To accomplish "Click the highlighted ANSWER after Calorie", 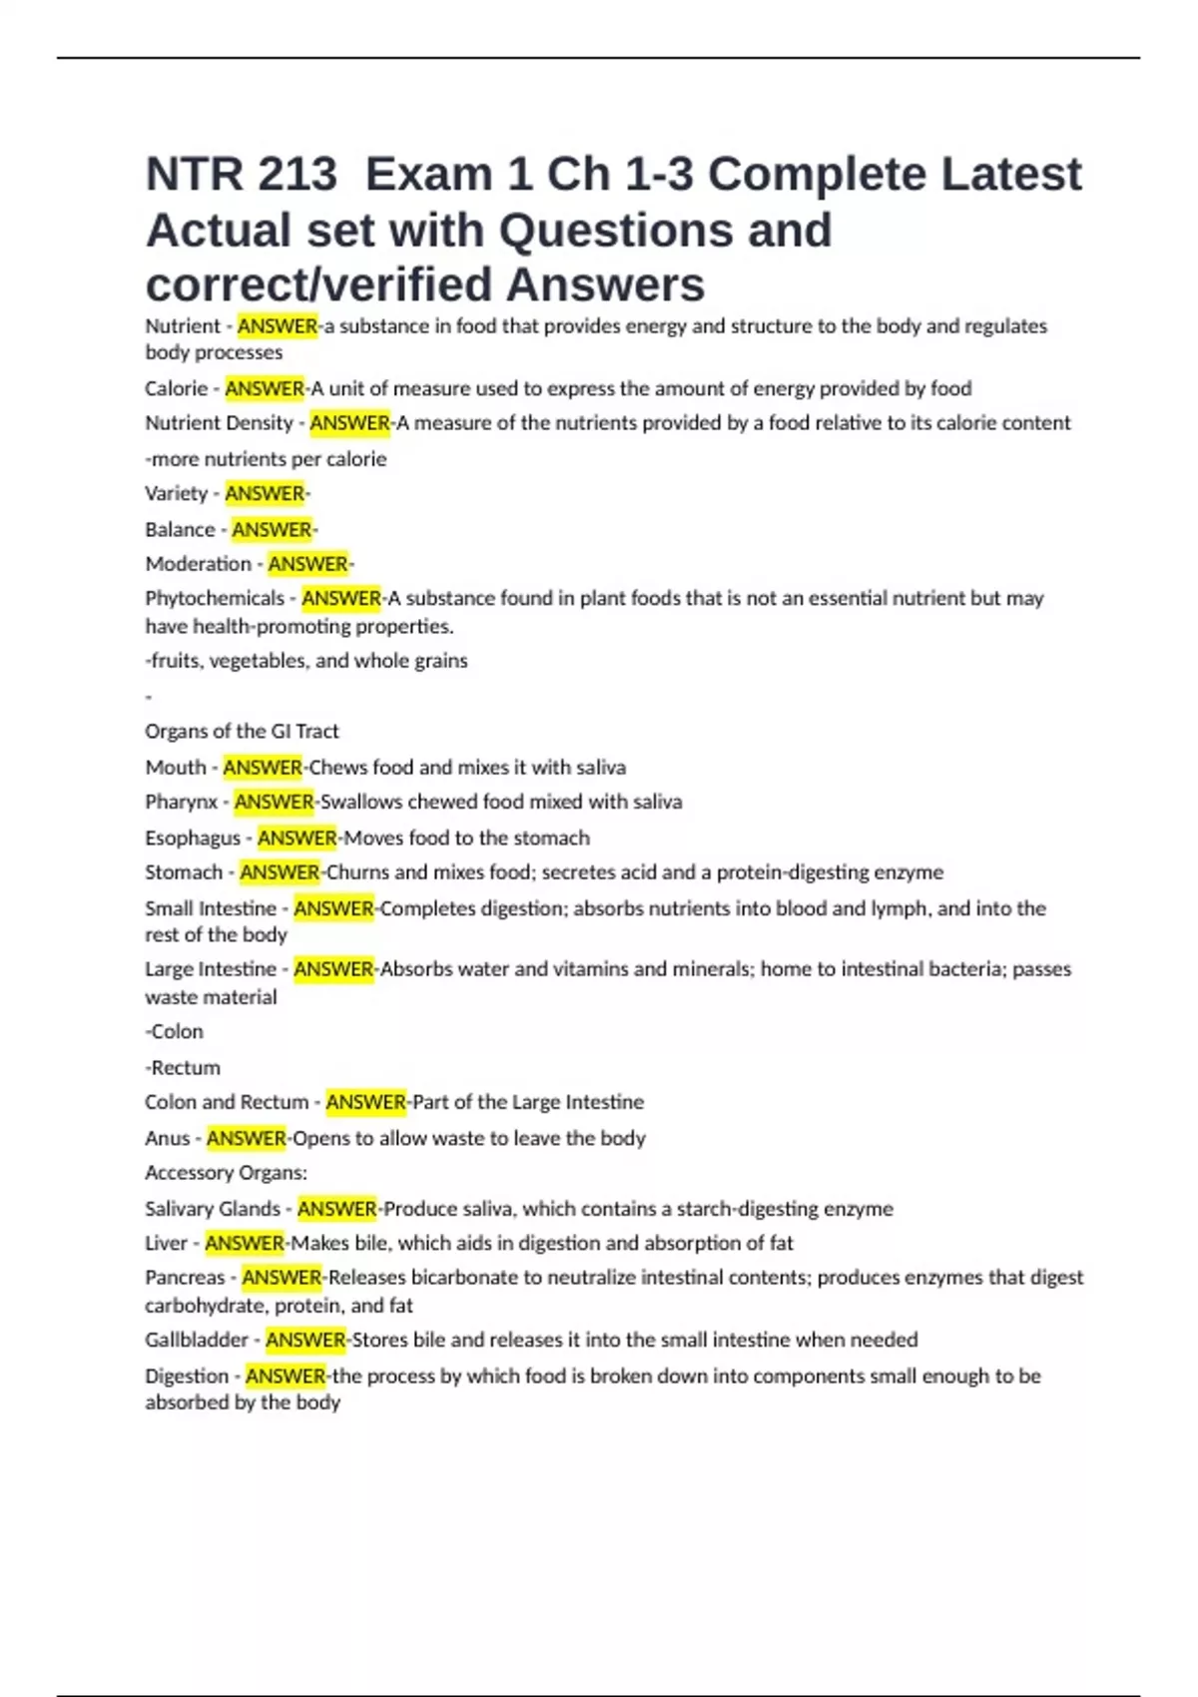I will click(x=265, y=388).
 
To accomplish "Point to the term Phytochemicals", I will click(x=215, y=599).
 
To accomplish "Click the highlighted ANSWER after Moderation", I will click(x=308, y=564).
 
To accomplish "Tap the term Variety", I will click(x=176, y=494).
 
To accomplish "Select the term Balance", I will click(x=180, y=530).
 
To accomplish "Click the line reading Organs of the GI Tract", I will click(x=242, y=732).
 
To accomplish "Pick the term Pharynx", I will click(x=181, y=803).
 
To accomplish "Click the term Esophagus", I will click(x=193, y=839).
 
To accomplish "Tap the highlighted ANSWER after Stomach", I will click(x=280, y=872).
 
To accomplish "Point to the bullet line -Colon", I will click(x=174, y=1032).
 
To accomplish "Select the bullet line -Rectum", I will click(x=183, y=1068).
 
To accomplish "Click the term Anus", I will click(x=167, y=1139).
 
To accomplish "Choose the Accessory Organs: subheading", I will click(x=226, y=1173).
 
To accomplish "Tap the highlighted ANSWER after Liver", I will click(x=245, y=1244).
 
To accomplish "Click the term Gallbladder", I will click(x=197, y=1341).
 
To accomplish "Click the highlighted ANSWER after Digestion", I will click(x=286, y=1377).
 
